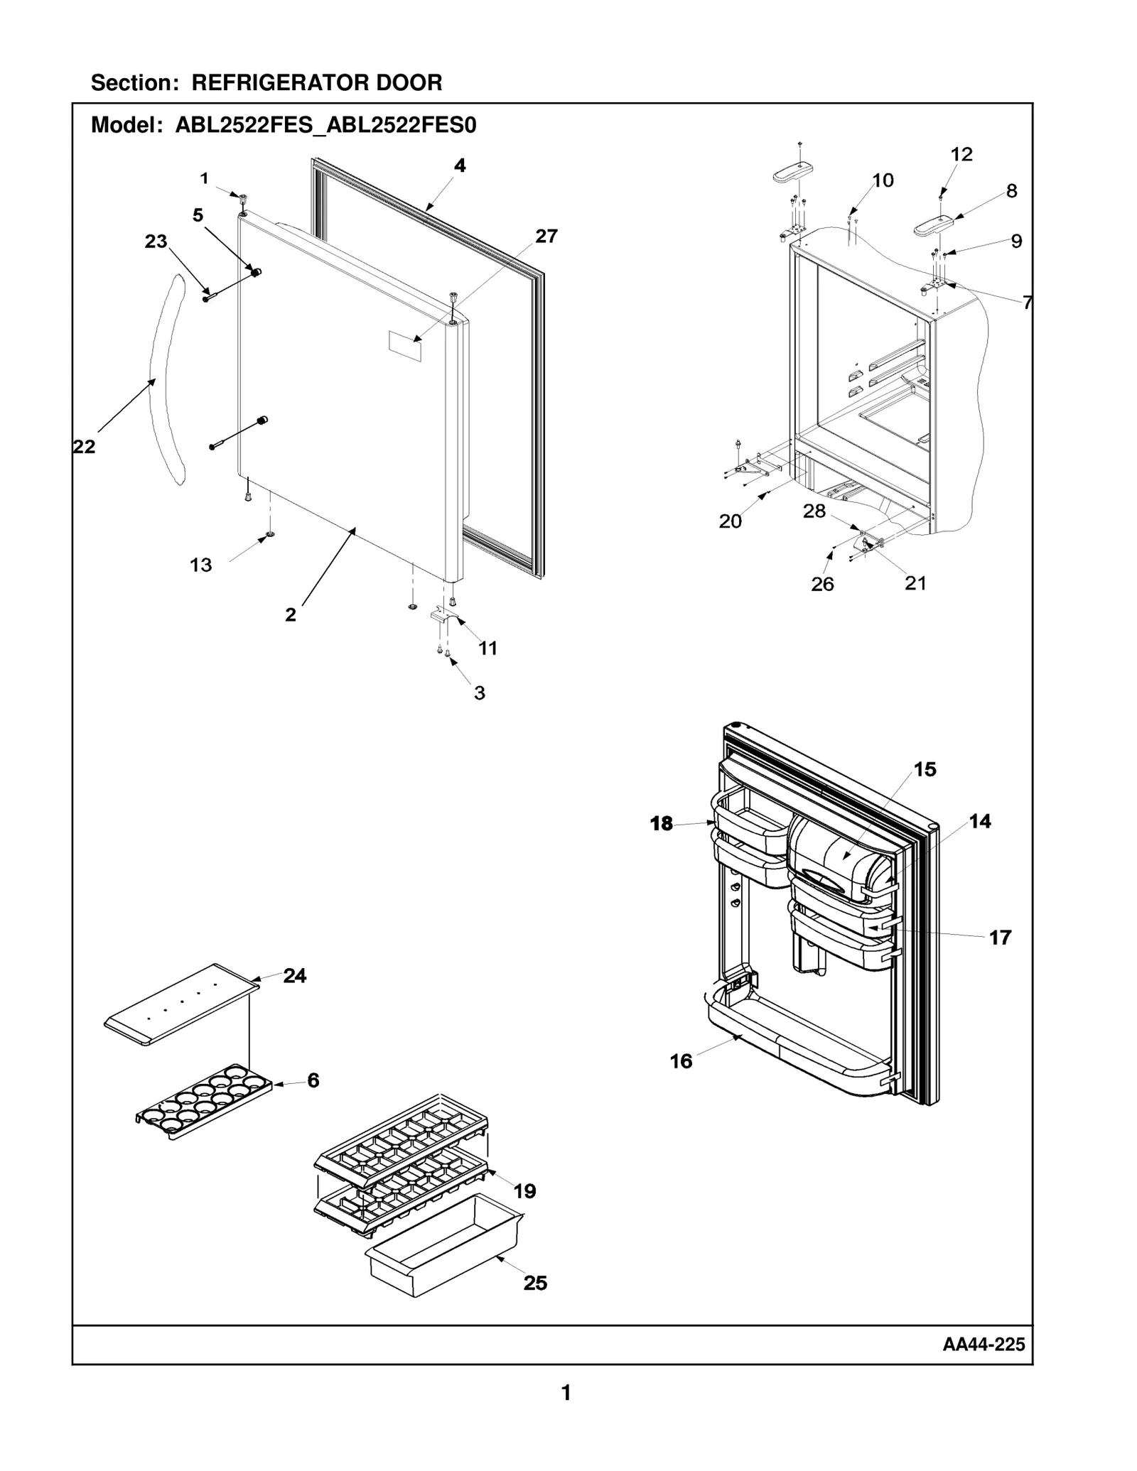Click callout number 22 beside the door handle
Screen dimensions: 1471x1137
84,447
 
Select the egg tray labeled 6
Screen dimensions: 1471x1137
205,1101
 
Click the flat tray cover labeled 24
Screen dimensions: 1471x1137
181,1004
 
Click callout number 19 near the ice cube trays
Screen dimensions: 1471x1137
524,1191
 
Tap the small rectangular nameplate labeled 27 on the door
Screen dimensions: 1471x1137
404,346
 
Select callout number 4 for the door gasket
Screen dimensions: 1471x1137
460,165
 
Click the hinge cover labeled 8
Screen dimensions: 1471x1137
932,226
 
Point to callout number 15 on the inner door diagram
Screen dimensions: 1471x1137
925,769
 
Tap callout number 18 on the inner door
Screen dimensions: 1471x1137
661,823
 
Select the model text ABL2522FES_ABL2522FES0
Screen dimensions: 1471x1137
325,126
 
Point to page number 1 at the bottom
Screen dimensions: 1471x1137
566,1393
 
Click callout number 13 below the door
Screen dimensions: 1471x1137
200,565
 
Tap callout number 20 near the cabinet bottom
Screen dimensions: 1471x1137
730,521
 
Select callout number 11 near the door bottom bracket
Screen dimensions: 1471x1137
487,648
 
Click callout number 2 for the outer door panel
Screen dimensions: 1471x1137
290,615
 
